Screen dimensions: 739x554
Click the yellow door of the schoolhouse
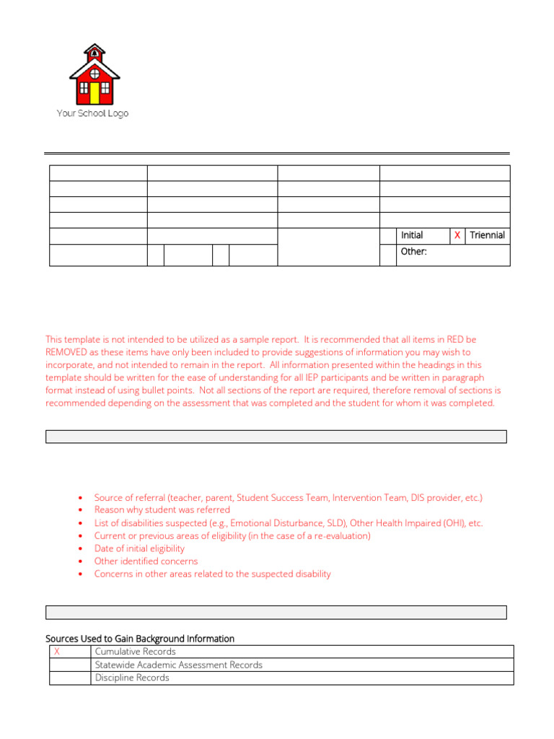[x=93, y=92]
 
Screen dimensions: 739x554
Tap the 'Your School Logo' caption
[x=92, y=113]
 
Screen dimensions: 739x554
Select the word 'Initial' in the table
[x=412, y=235]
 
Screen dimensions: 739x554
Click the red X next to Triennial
[x=457, y=235]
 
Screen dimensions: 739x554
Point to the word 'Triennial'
[x=488, y=235]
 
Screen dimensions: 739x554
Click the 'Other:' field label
[x=414, y=252]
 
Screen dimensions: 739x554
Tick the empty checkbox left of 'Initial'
[x=388, y=235]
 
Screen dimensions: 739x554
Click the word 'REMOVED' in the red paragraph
[x=71, y=352]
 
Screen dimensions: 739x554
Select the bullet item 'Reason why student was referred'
[x=162, y=510]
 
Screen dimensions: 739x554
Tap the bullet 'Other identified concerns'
[x=146, y=561]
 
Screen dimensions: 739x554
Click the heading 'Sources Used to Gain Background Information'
[x=140, y=639]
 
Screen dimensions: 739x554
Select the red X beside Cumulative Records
[x=57, y=652]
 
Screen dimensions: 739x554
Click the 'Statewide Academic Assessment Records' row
[x=179, y=665]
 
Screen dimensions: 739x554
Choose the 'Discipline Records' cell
[x=132, y=678]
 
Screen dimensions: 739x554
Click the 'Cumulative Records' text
[x=136, y=652]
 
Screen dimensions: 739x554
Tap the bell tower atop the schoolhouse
[x=93, y=52]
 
